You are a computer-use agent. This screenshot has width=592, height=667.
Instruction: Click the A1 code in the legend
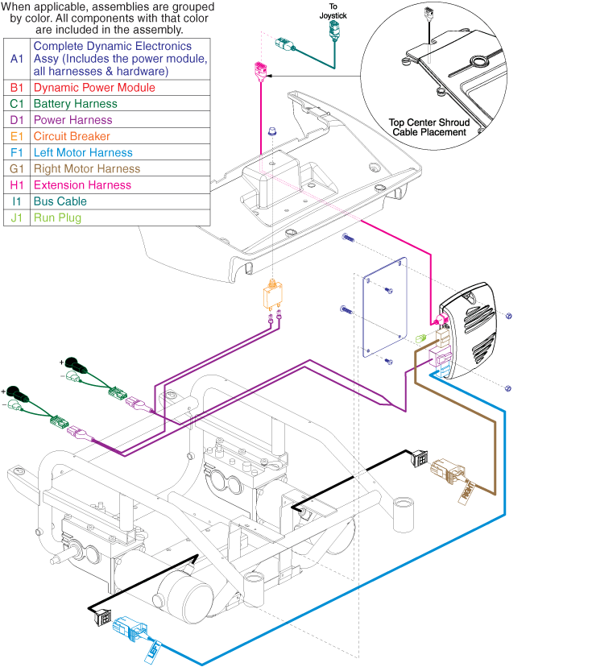[x=16, y=59]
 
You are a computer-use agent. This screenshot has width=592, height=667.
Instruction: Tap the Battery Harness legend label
[x=75, y=104]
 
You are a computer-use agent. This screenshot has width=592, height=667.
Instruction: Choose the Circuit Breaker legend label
[x=72, y=136]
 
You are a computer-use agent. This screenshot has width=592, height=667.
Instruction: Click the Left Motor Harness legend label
[x=83, y=152]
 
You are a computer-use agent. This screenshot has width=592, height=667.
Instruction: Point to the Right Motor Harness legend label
[x=86, y=168]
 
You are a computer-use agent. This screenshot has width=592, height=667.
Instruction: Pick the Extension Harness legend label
[x=82, y=184]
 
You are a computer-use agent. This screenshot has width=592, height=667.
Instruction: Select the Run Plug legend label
[x=57, y=217]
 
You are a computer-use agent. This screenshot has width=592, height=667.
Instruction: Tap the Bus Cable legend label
[x=60, y=201]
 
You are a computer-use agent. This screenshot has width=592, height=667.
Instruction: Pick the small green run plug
[x=420, y=339]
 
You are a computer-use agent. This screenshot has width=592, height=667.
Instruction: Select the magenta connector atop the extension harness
[x=261, y=69]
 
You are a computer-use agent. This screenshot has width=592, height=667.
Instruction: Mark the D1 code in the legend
[x=16, y=120]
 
